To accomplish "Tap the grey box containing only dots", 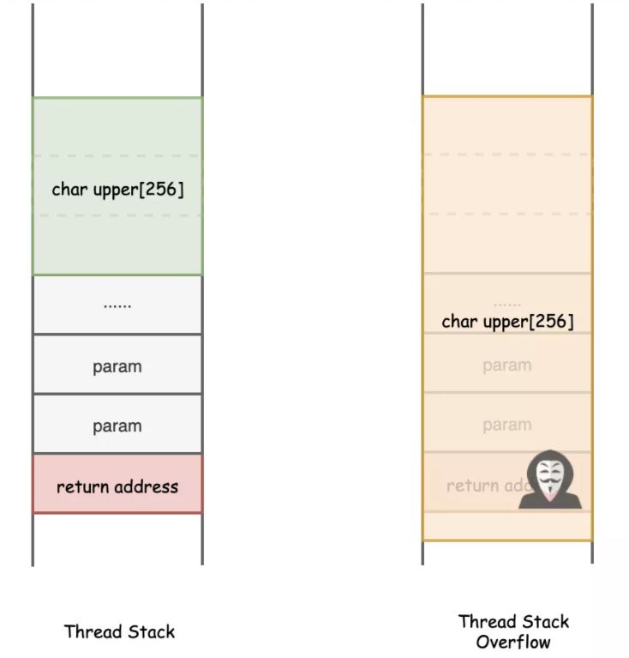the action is [x=117, y=305].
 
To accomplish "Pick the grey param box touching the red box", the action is [x=117, y=426].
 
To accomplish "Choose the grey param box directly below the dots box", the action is [x=117, y=366].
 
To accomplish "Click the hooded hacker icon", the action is [x=549, y=480].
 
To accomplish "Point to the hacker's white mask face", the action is [x=549, y=470].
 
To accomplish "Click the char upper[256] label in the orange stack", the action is [x=507, y=322].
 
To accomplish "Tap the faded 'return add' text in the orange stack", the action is [x=480, y=486].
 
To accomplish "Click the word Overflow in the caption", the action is [x=514, y=643].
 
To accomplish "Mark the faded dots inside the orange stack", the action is [x=507, y=304].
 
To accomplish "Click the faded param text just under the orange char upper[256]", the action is [x=507, y=365].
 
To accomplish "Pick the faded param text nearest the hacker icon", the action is [x=507, y=425].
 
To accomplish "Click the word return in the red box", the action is [x=82, y=486].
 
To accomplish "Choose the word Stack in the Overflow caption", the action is [x=547, y=622].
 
